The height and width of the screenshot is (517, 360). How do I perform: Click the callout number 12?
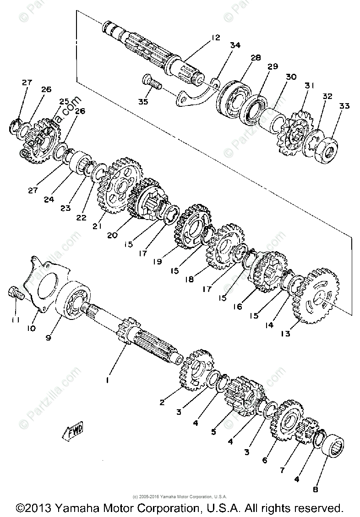point(216,38)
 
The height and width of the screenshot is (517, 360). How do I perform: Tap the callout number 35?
point(143,102)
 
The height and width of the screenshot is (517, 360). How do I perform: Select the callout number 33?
point(344,106)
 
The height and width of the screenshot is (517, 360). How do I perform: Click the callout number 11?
point(15,320)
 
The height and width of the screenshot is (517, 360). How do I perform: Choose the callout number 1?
point(108,380)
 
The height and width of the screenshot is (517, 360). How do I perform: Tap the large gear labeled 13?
point(316,298)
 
